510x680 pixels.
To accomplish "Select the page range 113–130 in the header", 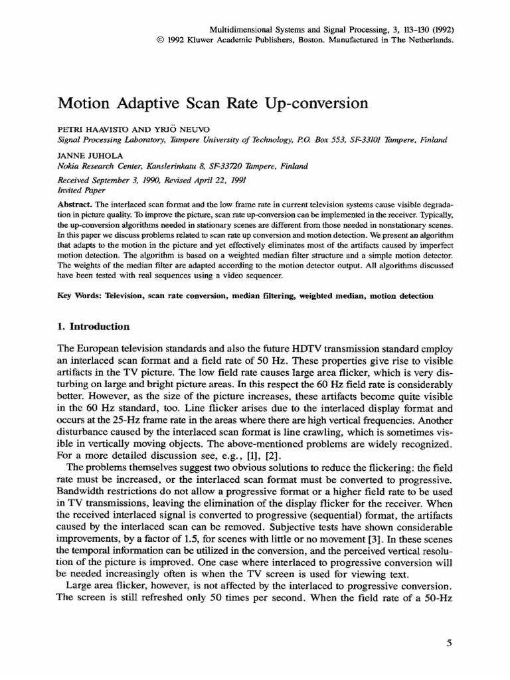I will point(408,29).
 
